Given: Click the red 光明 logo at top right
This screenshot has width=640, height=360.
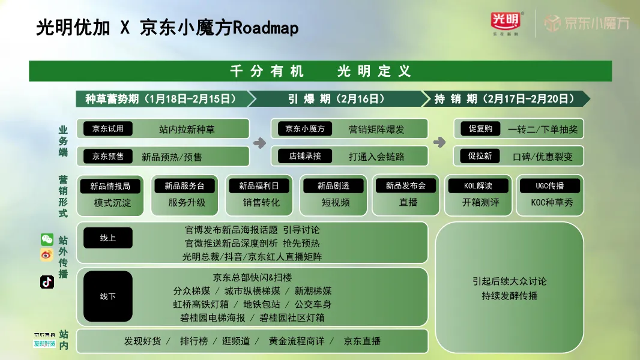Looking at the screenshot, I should click(505, 22).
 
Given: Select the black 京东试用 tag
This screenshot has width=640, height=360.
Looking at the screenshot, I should click(108, 128).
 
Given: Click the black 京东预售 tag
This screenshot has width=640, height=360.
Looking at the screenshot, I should click(108, 156).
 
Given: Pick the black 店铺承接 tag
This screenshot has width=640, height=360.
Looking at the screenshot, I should click(304, 156).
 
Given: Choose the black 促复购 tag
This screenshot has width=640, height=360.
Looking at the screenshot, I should click(480, 128).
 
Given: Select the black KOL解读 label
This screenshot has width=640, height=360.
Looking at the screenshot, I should click(478, 186).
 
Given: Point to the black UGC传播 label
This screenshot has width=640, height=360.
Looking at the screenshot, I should click(550, 186).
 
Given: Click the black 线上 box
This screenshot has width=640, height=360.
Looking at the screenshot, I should click(108, 238).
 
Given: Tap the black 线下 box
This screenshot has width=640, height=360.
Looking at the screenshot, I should click(108, 296).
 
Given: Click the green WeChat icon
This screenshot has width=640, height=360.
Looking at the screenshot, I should click(47, 239).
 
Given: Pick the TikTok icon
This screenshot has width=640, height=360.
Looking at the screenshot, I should click(47, 282).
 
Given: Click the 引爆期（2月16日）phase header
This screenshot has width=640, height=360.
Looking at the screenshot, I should click(336, 98).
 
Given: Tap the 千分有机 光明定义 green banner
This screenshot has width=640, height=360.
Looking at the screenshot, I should click(320, 71).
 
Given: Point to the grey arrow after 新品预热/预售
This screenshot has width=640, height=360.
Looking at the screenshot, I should click(259, 143).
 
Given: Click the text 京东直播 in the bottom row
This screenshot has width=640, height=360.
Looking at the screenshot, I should click(362, 341).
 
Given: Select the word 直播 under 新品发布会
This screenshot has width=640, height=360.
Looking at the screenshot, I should click(408, 203).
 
